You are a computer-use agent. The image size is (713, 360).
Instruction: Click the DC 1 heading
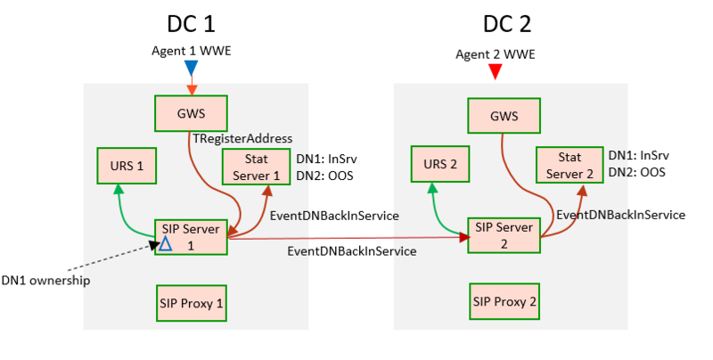(191, 23)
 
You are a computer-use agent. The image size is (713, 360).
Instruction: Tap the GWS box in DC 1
(191, 113)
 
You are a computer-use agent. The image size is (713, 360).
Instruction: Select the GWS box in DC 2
(504, 115)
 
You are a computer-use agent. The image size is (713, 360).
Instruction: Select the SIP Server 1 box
(191, 235)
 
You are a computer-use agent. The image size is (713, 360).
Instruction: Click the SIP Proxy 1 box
(190, 301)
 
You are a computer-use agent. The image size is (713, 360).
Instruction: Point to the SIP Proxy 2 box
(504, 301)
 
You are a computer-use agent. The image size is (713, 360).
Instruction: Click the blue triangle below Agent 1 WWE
(191, 67)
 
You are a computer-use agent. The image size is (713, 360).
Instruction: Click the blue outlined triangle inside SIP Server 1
(165, 243)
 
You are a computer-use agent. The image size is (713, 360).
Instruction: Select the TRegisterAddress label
(242, 139)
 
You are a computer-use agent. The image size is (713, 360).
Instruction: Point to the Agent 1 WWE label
(191, 50)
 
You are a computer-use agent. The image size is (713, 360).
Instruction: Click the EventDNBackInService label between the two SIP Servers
(351, 251)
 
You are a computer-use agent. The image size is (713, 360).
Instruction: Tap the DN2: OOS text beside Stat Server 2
(636, 173)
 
